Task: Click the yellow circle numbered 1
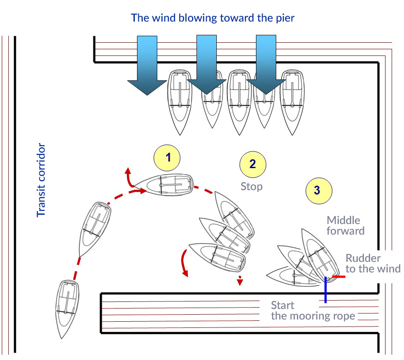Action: coord(167,157)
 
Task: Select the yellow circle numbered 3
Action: coord(317,190)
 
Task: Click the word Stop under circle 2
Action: coord(252,186)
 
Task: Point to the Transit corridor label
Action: coord(41,180)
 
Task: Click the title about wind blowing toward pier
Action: coord(212,18)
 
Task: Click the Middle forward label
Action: coord(345,225)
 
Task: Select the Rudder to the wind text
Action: coord(373,264)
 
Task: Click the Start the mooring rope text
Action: coord(313,311)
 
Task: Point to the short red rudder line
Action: coord(338,277)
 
